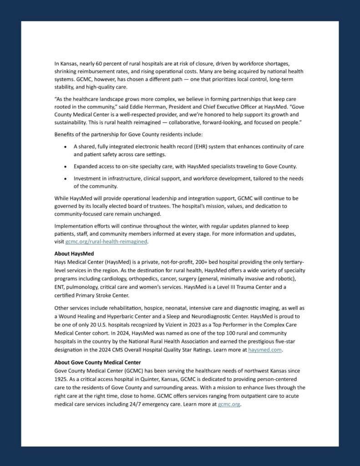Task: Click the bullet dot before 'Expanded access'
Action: pyautogui.click(x=67, y=167)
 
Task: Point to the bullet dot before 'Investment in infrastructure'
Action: pyautogui.click(x=67, y=178)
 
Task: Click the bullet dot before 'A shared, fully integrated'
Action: pyautogui.click(x=67, y=147)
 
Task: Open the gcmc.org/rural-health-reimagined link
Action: pyautogui.click(x=106, y=242)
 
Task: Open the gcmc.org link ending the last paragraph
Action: pyautogui.click(x=229, y=404)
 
